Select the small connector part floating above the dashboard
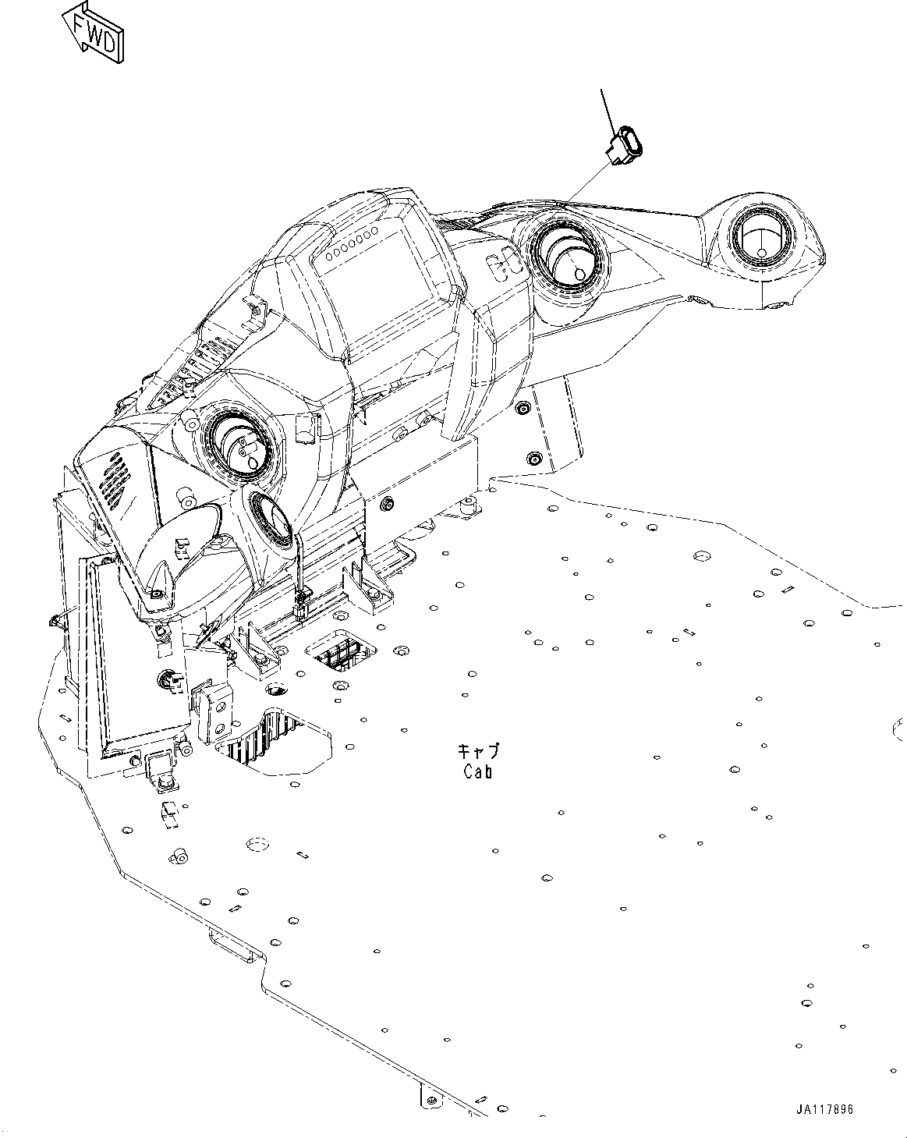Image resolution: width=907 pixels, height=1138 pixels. coord(626,146)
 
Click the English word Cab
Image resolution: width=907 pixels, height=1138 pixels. coord(477,772)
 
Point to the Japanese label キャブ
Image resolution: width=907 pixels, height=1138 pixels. coord(477,752)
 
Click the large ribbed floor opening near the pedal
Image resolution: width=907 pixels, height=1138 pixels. coord(257,736)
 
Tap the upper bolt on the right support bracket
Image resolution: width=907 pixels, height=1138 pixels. coord(522,408)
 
